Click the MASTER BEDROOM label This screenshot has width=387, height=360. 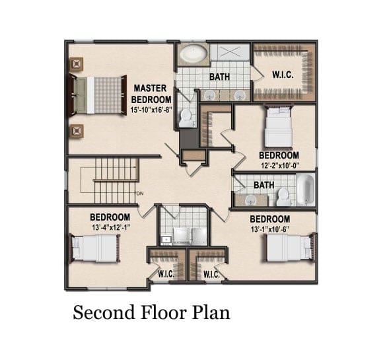(151, 94)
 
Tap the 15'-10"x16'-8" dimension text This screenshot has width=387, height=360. (151, 110)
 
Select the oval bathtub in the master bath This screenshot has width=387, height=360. (194, 54)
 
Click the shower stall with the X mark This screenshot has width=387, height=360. (230, 52)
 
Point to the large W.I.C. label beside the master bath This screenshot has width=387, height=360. (283, 75)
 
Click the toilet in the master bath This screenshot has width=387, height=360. (186, 118)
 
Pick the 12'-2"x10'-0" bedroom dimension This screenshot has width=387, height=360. (280, 166)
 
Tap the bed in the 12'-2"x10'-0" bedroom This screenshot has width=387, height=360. (279, 127)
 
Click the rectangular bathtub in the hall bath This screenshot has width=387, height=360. (306, 190)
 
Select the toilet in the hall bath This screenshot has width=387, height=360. (283, 197)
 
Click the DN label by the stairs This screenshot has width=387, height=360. (140, 194)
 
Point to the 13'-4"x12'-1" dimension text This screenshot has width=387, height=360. (111, 227)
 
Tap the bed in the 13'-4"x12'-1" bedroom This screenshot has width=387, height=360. (96, 248)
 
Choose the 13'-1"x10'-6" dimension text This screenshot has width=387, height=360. (270, 229)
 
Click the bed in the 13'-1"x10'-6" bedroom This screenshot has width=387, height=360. (291, 248)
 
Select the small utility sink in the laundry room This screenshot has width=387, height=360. (166, 240)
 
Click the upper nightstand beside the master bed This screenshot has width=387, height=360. (77, 64)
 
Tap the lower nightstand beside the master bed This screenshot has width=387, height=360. (77, 131)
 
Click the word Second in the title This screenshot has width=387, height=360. (104, 312)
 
